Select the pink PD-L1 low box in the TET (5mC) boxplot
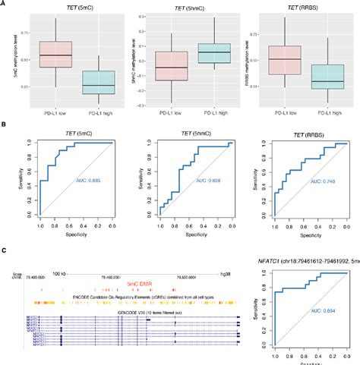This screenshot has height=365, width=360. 55,55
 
